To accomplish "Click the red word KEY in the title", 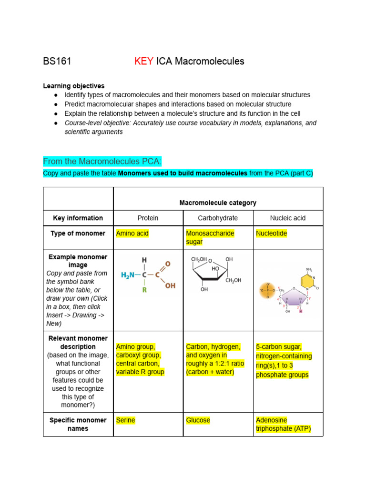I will point(144,61).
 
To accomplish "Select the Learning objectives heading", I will point(73,86).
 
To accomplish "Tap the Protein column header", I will point(148,218).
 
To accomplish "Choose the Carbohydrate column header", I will point(218,218).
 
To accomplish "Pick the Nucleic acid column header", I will point(288,218).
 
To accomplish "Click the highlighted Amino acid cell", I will point(132,234).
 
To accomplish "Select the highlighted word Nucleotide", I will point(271,234).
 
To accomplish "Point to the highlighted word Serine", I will point(125,420).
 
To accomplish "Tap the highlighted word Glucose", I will point(198,420).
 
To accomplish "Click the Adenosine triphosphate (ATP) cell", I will point(283,425).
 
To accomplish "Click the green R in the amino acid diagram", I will point(144,289).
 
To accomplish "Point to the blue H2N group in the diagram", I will point(128,275).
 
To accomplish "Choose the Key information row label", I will point(78,218).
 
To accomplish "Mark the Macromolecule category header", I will point(218,203).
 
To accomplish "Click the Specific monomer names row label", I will point(78,424).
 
